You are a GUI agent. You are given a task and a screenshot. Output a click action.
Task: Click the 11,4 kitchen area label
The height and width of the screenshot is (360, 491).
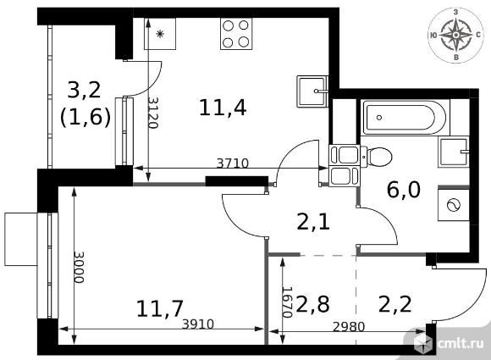(223, 108)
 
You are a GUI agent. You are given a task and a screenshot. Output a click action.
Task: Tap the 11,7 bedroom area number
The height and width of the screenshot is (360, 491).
(160, 308)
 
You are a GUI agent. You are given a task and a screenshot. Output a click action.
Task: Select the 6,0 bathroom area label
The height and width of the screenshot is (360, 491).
(404, 190)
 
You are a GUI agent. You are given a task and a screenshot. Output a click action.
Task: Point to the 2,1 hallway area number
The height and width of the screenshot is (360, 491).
(313, 222)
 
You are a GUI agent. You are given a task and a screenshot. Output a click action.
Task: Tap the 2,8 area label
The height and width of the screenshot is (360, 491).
(312, 304)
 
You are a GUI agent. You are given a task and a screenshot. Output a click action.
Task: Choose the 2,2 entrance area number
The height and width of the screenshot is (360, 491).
(394, 304)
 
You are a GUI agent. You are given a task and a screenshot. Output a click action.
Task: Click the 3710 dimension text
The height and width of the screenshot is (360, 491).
(233, 163)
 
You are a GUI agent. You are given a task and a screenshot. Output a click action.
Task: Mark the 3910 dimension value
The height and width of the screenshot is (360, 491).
(198, 324)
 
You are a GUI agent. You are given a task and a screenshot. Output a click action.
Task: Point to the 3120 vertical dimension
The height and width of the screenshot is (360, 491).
(153, 113)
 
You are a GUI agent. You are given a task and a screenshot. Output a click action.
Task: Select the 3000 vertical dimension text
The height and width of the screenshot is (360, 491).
(79, 267)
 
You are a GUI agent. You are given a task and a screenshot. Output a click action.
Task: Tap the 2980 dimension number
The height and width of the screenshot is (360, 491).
(349, 327)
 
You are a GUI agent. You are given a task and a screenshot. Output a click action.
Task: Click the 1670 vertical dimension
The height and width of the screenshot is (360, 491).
(287, 302)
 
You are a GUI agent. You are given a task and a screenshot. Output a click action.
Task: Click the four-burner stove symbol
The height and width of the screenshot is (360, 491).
(236, 34)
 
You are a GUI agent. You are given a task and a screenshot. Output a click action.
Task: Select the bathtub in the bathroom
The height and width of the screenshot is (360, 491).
(405, 118)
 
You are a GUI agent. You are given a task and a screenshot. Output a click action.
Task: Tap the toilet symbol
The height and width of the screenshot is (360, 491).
(377, 157)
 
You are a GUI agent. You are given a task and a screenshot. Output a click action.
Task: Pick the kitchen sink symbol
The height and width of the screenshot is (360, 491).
(312, 91)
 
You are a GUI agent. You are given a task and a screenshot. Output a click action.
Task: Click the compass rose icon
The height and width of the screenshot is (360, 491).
(456, 35)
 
